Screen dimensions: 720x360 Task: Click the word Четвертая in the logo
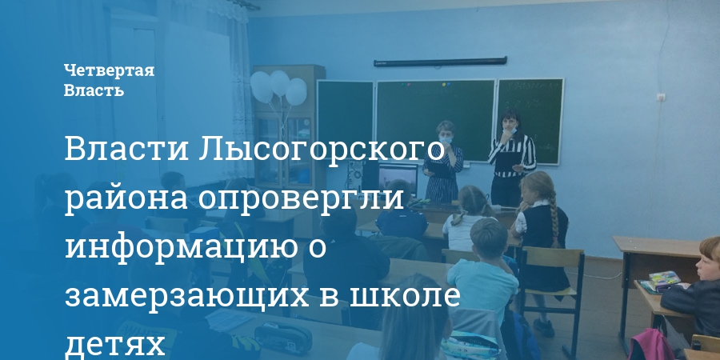click(x=110, y=70)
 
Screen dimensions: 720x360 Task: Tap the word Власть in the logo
click(x=94, y=90)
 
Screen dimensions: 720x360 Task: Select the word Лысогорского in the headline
click(x=322, y=150)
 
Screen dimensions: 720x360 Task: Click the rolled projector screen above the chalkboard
click(x=440, y=62)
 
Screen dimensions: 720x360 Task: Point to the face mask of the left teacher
click(x=446, y=139)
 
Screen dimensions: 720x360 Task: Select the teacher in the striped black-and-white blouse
click(x=511, y=158)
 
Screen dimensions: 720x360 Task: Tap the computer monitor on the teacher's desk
click(x=398, y=179)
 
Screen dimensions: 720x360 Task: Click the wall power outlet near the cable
click(x=661, y=98)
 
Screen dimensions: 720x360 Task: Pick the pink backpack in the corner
click(x=651, y=346)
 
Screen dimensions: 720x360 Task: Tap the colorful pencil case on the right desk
click(x=665, y=280)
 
